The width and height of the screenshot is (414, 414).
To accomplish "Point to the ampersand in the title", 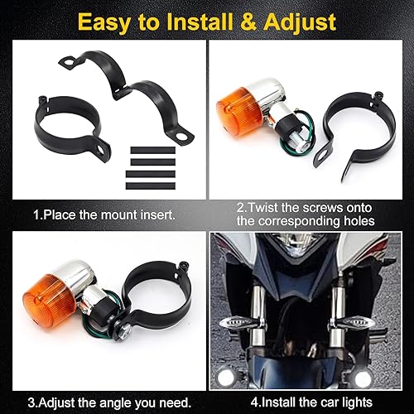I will coord(241,20).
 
